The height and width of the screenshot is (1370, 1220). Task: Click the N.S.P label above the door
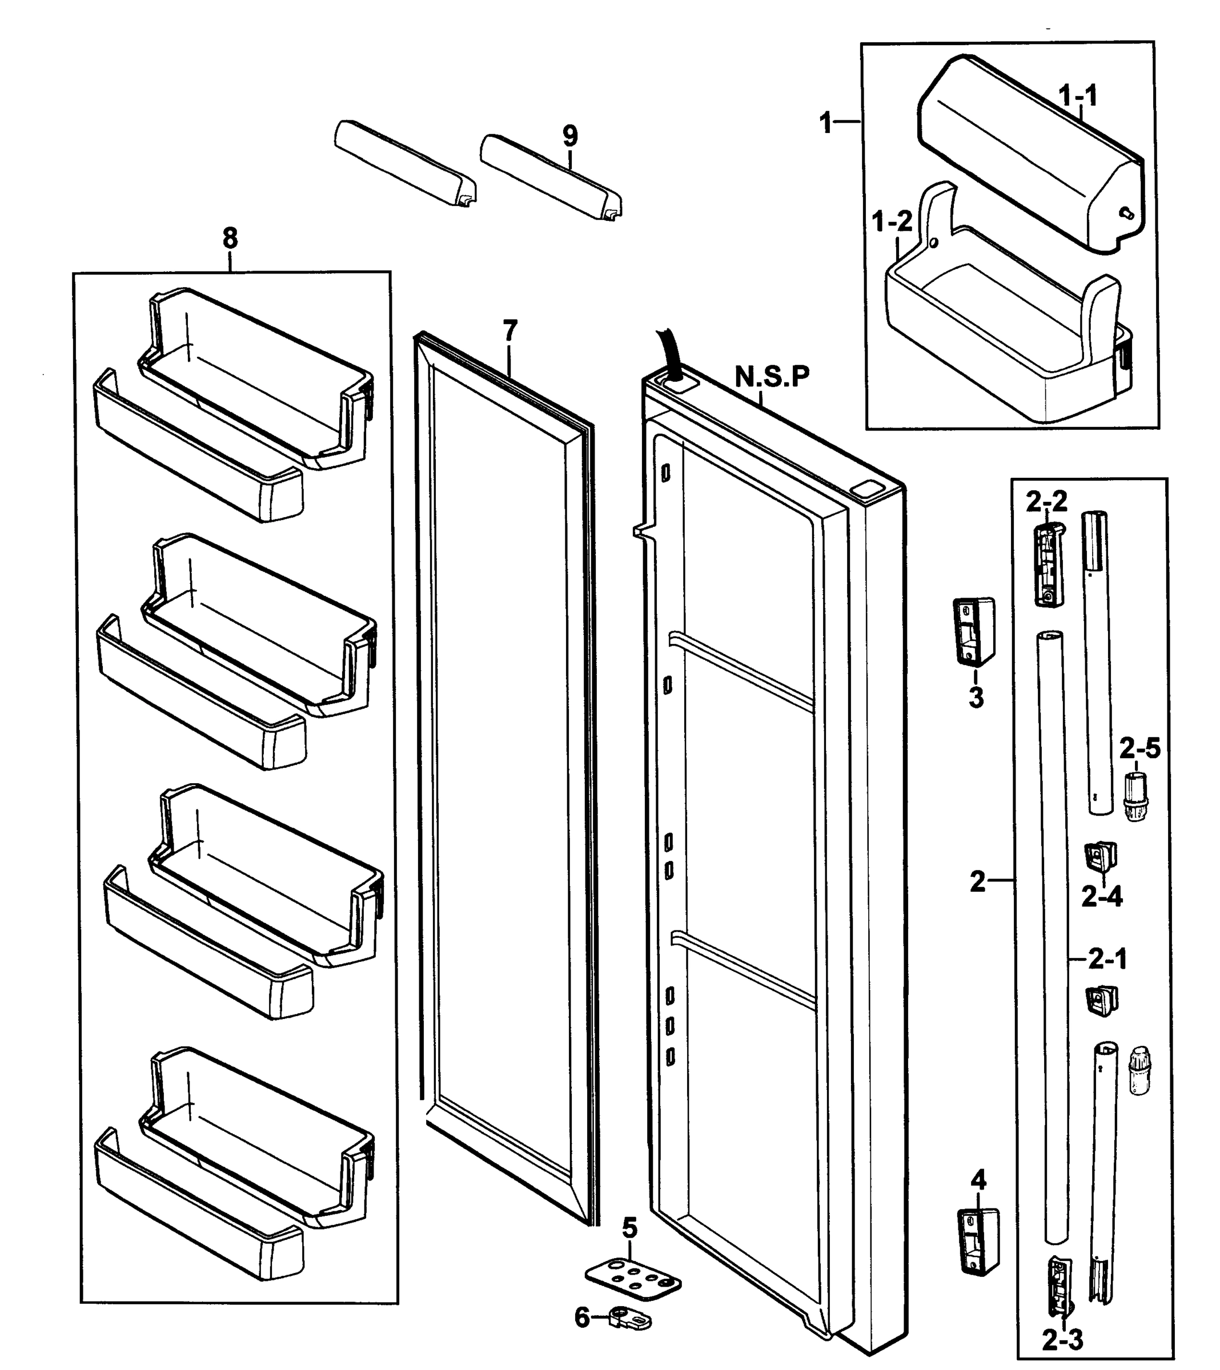(772, 377)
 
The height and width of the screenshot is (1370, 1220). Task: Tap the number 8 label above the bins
(230, 238)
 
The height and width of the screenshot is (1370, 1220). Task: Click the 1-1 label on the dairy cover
(1078, 96)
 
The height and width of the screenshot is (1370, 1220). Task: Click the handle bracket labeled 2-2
(1048, 565)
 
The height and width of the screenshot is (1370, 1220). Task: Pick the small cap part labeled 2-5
(1135, 796)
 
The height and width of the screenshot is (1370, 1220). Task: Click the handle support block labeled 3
(974, 631)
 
